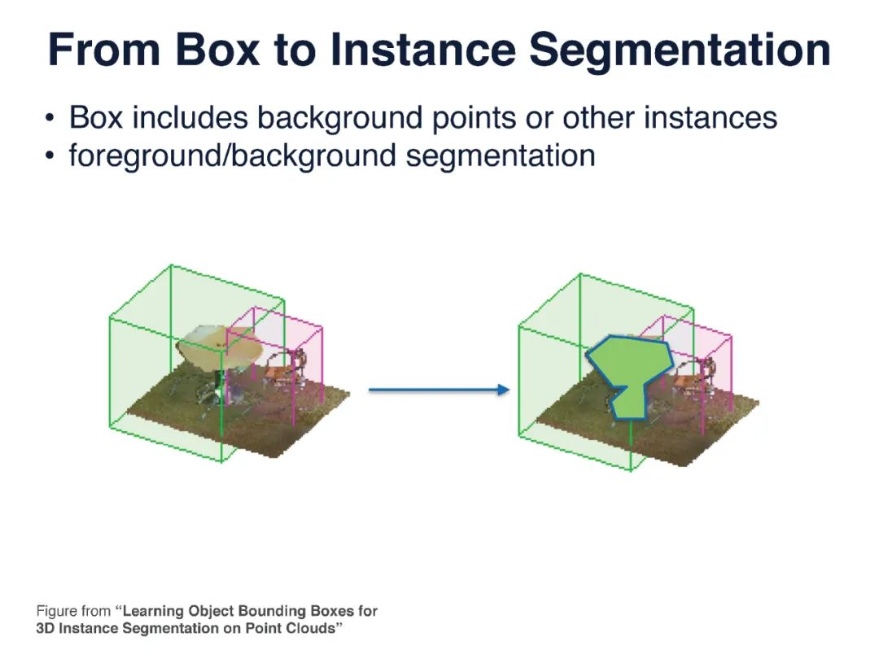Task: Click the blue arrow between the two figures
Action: click(439, 391)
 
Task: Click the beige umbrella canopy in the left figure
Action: click(220, 346)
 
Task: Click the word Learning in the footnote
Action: click(154, 611)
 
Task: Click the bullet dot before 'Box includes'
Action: click(51, 119)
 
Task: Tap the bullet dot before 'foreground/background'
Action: click(51, 155)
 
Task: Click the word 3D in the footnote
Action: click(46, 629)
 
